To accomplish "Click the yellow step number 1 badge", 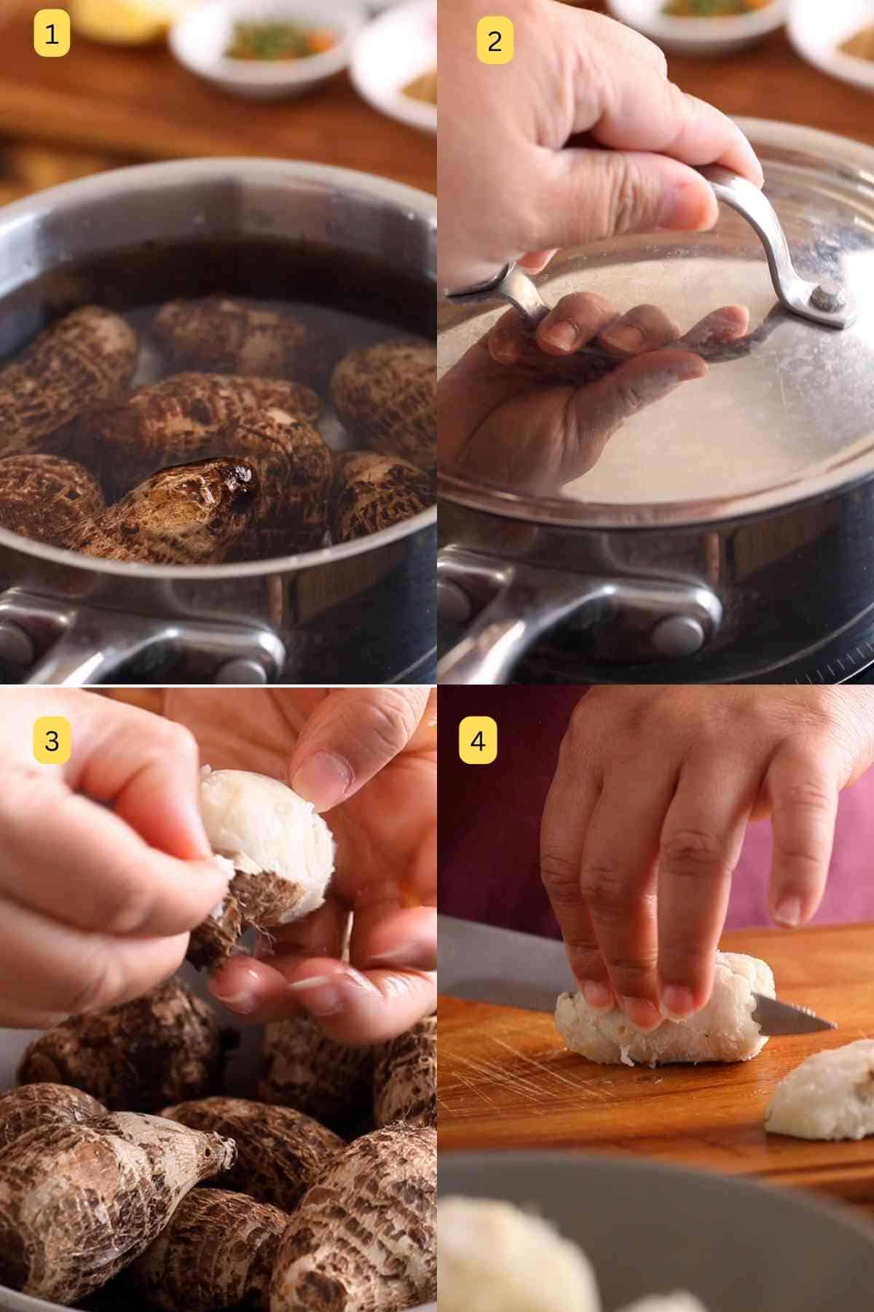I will pos(52,34).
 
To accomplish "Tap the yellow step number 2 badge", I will pos(495,41).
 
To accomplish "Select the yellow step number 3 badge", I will pos(52,741).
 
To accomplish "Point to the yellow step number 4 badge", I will pos(477,741).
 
